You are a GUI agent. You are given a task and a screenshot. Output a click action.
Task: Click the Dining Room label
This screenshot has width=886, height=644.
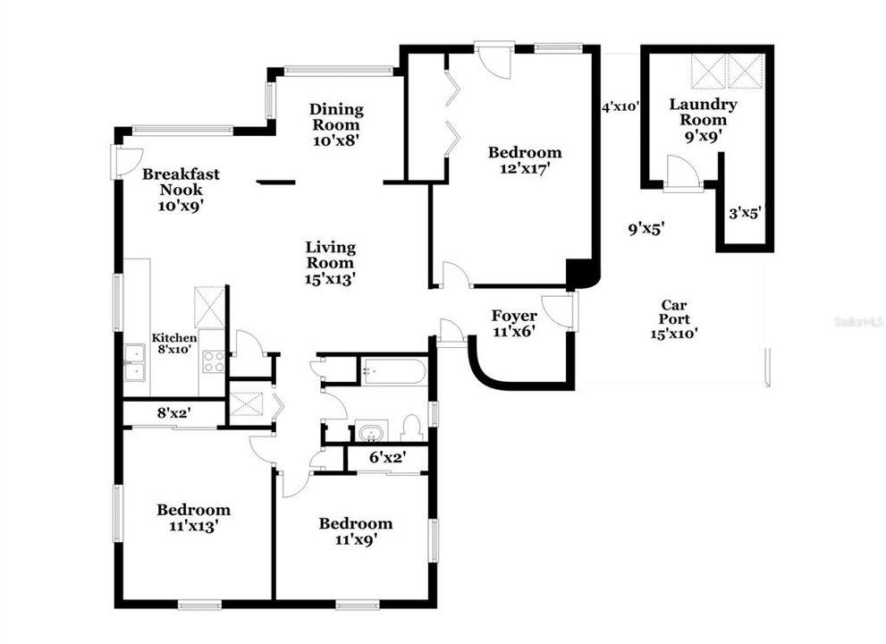tap(336, 117)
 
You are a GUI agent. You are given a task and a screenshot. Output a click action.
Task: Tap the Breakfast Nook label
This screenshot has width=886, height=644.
tap(181, 182)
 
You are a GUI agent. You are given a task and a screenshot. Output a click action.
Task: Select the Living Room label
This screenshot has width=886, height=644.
tap(331, 255)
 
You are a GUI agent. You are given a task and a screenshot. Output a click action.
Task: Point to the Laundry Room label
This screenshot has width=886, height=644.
tap(703, 112)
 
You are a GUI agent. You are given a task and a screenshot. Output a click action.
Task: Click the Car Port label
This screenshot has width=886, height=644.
tap(674, 312)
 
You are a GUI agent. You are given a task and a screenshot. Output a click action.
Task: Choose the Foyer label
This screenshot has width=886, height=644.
tap(514, 316)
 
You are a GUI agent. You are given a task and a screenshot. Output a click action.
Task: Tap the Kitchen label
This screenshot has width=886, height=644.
tap(174, 338)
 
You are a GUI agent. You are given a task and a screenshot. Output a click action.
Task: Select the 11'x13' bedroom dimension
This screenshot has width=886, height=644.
tap(194, 526)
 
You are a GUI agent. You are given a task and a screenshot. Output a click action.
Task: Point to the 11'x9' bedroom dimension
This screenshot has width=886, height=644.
tap(356, 539)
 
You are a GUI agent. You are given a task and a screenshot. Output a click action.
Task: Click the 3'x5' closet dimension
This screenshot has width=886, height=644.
tap(746, 213)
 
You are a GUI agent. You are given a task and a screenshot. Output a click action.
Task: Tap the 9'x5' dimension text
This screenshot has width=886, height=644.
tap(646, 229)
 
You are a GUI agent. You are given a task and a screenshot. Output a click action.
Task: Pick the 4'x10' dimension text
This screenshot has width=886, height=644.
tap(620, 106)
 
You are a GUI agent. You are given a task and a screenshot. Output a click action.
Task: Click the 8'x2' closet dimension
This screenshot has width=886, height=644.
tap(173, 413)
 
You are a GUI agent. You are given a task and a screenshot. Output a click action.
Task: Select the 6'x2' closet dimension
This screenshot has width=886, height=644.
tap(387, 457)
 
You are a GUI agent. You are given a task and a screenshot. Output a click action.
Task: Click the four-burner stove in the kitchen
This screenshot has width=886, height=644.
tap(215, 362)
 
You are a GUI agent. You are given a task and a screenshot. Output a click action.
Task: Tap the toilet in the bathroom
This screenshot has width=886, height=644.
tap(412, 428)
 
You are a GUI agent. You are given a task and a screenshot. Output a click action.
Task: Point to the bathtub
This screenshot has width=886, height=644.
tap(394, 371)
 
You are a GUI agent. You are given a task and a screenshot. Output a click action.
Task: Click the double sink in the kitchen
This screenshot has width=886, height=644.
tap(134, 362)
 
